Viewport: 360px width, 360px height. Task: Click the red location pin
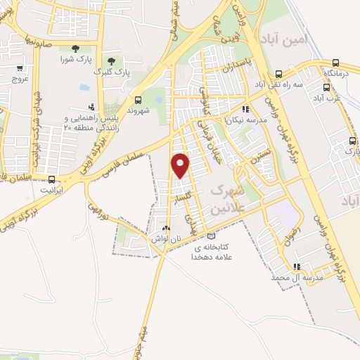point(181,165)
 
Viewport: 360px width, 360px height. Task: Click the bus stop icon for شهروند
point(138,99)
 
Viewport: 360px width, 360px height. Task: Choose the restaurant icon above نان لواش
point(166,229)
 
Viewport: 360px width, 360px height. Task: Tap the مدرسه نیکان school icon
point(245,109)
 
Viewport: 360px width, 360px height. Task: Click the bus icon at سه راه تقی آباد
point(279,74)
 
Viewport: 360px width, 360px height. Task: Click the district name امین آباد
point(284,40)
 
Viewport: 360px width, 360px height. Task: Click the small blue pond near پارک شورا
point(85,87)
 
